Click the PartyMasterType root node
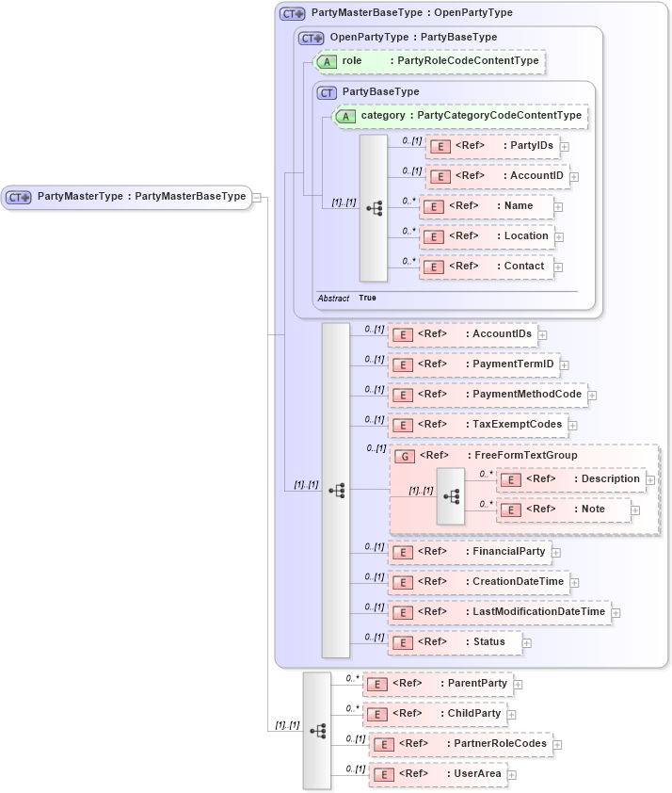(127, 197)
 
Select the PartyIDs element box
(492, 146)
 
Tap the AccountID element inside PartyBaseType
(496, 176)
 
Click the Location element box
(487, 236)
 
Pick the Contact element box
(487, 267)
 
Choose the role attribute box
(429, 61)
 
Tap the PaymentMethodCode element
(488, 395)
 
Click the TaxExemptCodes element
(478, 425)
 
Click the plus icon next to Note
(636, 510)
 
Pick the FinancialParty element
(469, 552)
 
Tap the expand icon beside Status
(527, 642)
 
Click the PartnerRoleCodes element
(460, 744)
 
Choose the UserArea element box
(438, 774)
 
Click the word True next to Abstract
(367, 298)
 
